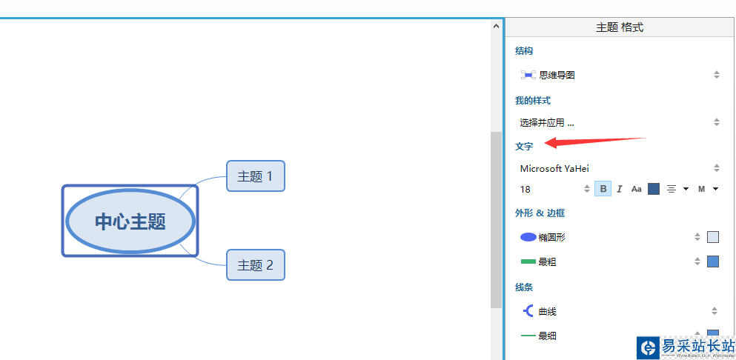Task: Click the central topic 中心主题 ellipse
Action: (x=130, y=221)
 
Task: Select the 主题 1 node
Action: (x=255, y=176)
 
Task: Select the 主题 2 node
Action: (x=255, y=265)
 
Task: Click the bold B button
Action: (x=603, y=189)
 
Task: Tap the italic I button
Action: (x=620, y=189)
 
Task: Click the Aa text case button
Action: (x=636, y=189)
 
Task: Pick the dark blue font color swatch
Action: (x=654, y=189)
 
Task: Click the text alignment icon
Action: (x=672, y=189)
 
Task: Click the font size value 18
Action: (x=526, y=189)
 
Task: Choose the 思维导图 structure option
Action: (x=557, y=75)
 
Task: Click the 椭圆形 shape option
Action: (x=552, y=237)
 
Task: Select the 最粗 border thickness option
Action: (x=547, y=261)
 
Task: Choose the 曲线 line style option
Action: (x=547, y=311)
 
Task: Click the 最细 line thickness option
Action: (x=547, y=336)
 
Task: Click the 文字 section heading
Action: (x=524, y=147)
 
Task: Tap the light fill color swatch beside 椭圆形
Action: (x=713, y=237)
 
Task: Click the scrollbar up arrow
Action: (x=496, y=27)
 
